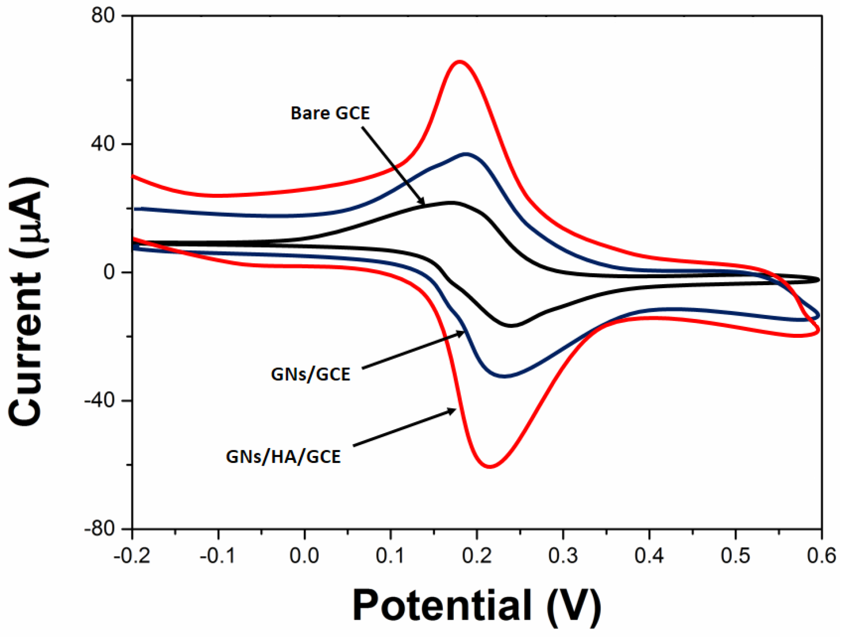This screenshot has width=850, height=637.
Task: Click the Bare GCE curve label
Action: [x=330, y=113]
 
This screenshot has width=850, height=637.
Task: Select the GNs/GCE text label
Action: [x=310, y=374]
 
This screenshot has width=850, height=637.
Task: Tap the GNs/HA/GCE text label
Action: [x=283, y=457]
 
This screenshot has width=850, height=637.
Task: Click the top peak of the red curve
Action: [x=460, y=62]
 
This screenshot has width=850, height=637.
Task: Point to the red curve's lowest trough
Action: [x=490, y=467]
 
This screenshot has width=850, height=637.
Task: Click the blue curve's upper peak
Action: [x=466, y=154]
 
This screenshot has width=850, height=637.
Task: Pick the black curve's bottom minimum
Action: [x=512, y=326]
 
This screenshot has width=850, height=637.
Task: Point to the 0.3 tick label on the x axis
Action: [x=563, y=556]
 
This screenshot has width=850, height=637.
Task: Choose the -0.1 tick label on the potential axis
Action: [x=217, y=556]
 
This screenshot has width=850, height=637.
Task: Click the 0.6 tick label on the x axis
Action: [x=821, y=556]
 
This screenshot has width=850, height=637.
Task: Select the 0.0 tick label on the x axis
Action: [x=304, y=556]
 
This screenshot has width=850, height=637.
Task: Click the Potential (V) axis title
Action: [x=477, y=605]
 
